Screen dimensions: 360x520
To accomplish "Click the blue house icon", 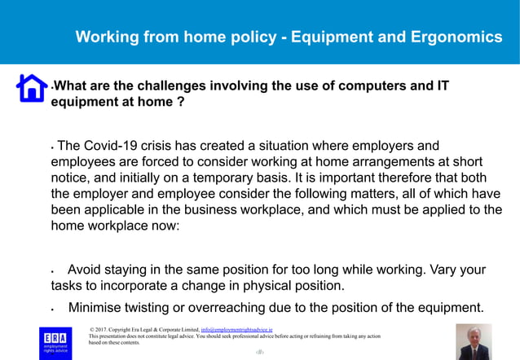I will coord(32,87).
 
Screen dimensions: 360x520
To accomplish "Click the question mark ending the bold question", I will coord(179,103).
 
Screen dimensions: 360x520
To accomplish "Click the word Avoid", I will coord(86,270).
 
